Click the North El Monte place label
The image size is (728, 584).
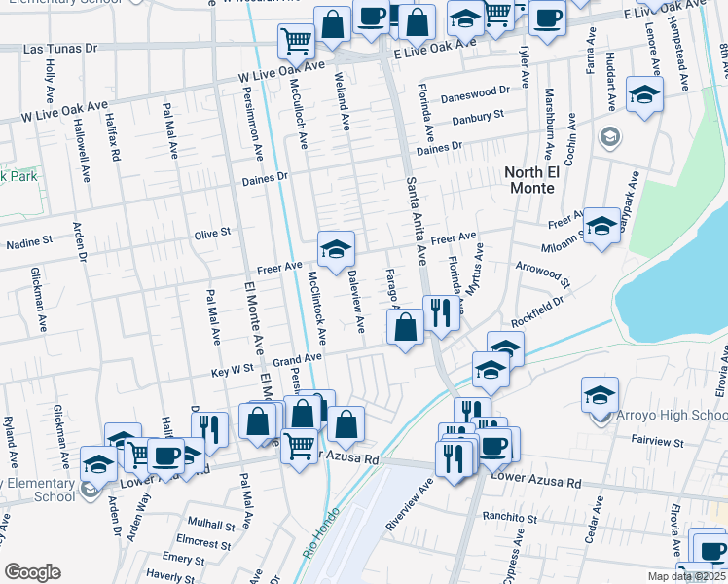coord(545,181)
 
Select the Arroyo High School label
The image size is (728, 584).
coord(673,416)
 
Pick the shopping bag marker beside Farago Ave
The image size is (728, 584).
coord(406,328)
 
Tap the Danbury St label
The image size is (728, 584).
coord(477,119)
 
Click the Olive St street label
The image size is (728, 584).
coord(211,233)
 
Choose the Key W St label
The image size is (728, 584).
coord(234,370)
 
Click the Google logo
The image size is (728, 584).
coord(33,571)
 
